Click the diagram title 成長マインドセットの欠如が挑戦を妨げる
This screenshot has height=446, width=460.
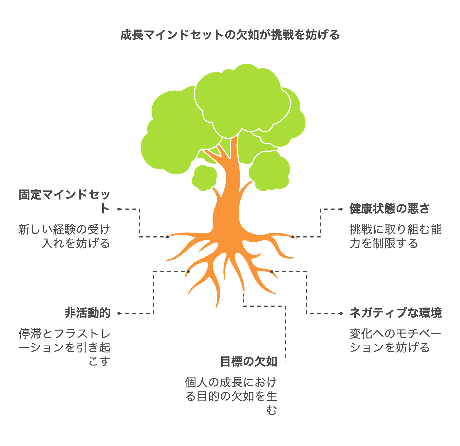pos(230,35)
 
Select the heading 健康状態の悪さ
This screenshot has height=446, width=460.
pos(389,209)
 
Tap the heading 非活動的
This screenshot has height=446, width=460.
pos(87,313)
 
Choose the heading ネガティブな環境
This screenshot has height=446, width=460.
pos(396,313)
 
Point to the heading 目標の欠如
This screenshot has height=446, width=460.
pos(249,362)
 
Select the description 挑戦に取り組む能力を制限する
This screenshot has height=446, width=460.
pos(396,236)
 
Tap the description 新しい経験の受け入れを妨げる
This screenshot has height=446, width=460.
pos(64,236)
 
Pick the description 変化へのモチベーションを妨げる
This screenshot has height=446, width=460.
pos(396,341)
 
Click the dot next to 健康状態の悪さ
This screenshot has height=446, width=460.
pos(342,209)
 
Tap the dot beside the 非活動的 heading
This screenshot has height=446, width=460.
pos(119,313)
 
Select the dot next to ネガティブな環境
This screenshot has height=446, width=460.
pos(342,313)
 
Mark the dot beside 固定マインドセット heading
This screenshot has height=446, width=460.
pos(119,209)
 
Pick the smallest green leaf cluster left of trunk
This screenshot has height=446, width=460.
pos(204,178)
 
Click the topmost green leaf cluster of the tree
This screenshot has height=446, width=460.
pos(242,98)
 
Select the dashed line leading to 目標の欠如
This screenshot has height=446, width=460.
pos(285,333)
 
